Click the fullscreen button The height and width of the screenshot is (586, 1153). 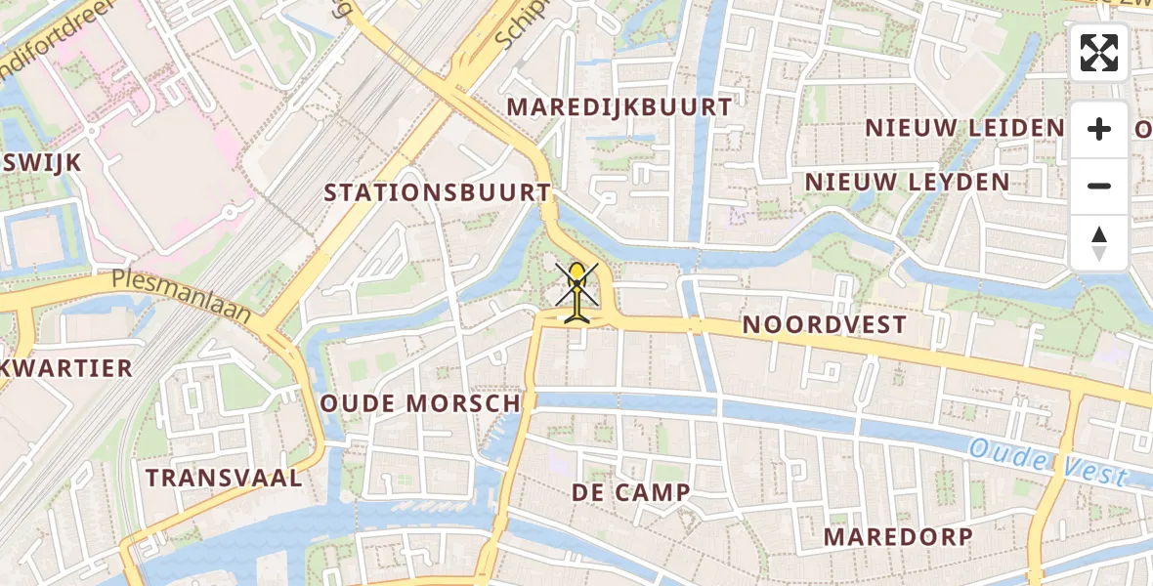(1099, 53)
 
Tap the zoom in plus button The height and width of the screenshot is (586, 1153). (1099, 129)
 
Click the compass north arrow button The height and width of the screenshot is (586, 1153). (1099, 243)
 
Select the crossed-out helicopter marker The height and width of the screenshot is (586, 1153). (577, 291)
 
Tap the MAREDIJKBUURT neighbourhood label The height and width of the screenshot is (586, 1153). (620, 107)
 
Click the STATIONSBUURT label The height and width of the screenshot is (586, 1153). (438, 192)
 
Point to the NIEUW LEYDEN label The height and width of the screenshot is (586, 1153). (907, 182)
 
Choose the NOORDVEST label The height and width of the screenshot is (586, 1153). (825, 324)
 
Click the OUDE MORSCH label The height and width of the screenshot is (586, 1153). (422, 403)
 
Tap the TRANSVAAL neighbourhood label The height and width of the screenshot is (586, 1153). (224, 478)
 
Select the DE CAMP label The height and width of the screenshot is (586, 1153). (631, 493)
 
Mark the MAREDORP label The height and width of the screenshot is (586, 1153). (898, 536)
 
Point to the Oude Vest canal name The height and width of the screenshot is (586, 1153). (1047, 463)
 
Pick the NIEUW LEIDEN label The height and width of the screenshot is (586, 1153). (964, 128)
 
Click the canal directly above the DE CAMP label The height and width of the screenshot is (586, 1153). (625, 401)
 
